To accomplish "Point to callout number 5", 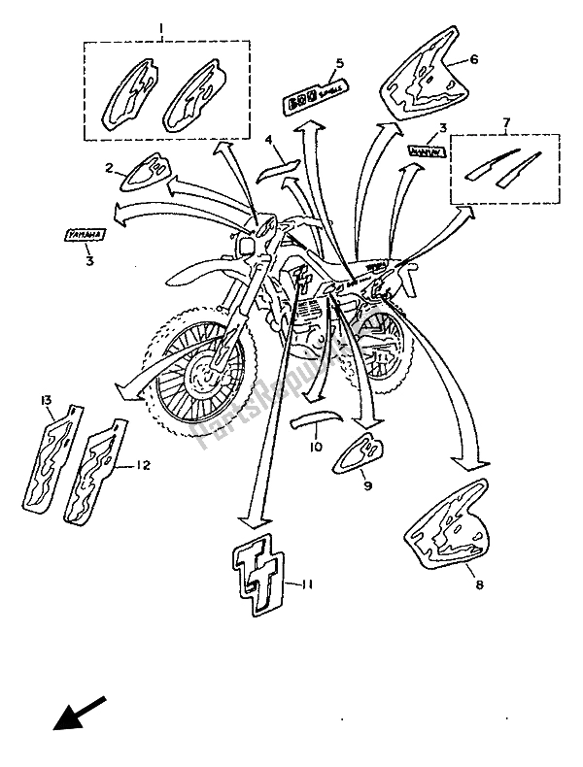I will click(340, 64).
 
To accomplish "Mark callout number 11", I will click(307, 584).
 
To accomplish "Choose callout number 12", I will click(143, 466).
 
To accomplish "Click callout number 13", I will click(46, 400).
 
